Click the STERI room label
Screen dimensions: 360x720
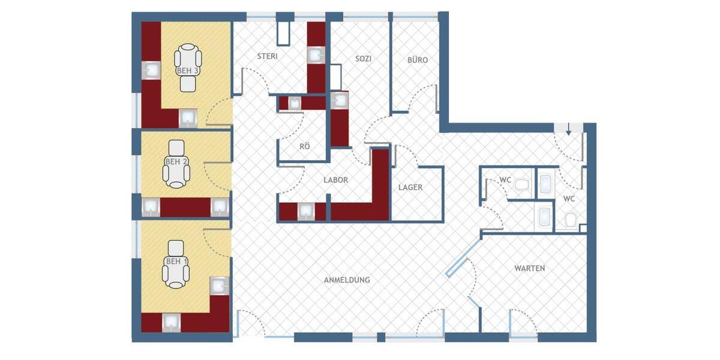pos(267,57)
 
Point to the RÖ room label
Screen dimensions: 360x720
pos(305,146)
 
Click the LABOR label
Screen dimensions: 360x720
pos(336,179)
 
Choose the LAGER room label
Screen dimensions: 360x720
pos(410,187)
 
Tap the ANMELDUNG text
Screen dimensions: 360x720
pos(347,280)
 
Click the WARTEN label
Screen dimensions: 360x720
pos(529,268)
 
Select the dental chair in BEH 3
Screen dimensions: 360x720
pos(188,67)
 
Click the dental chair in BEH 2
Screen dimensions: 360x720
pos(176,164)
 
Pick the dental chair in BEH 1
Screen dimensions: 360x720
pos(176,265)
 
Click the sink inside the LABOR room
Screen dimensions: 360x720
pos(307,211)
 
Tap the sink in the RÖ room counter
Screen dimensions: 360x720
pos(295,103)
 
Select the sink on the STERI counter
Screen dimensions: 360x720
pos(316,55)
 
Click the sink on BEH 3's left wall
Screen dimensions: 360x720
pos(151,70)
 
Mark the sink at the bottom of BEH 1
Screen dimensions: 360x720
pos(172,322)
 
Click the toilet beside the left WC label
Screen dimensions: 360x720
pos(521,184)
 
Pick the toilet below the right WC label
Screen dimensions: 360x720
pos(571,219)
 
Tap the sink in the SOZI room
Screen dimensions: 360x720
pos(340,100)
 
